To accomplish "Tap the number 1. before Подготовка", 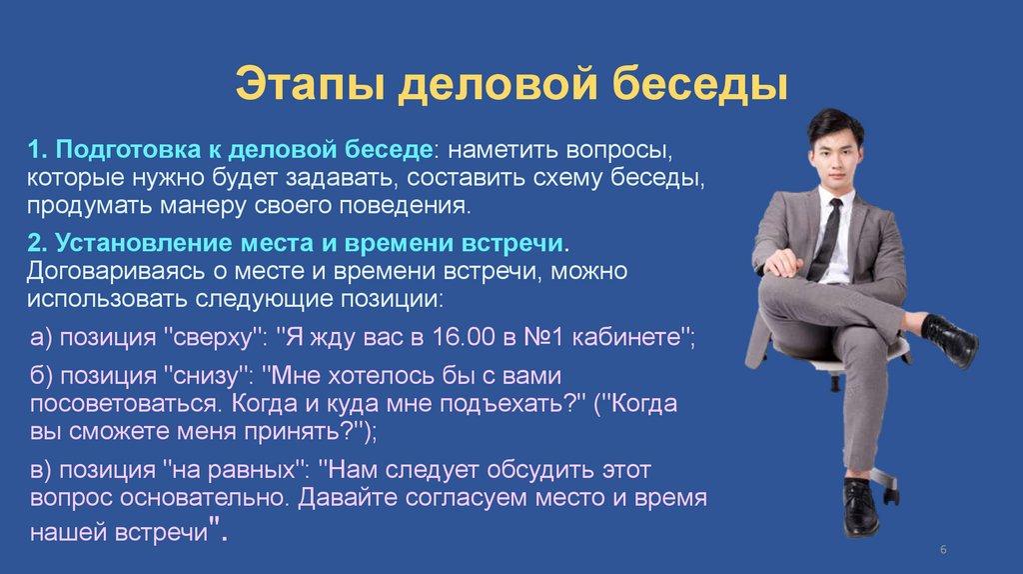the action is click(37, 150).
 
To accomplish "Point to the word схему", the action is click(567, 178).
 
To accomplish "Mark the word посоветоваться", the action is click(124, 404).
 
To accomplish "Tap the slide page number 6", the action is click(943, 550).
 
